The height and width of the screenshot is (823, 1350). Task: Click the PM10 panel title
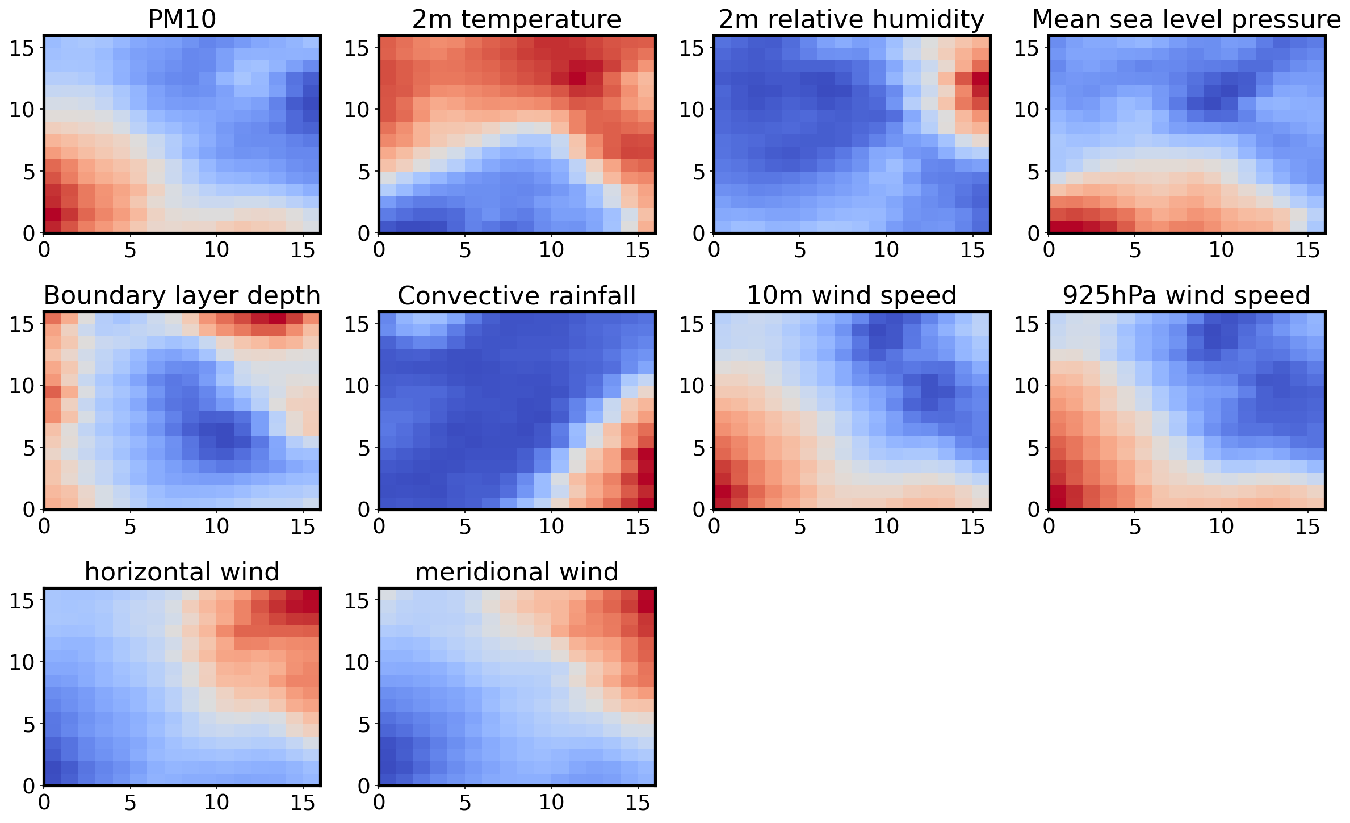point(182,19)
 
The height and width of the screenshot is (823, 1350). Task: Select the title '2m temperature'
point(517,19)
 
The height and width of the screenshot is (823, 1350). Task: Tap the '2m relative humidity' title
point(851,19)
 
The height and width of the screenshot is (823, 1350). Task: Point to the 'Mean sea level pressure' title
point(1186,19)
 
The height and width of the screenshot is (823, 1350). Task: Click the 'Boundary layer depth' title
point(182,295)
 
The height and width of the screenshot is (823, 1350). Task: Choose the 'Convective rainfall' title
point(517,295)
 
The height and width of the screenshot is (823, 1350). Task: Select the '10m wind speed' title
point(851,295)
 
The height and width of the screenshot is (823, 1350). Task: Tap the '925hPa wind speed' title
point(1186,295)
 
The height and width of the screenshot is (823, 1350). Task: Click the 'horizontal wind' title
point(182,571)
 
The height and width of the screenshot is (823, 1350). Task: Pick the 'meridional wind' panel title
point(517,571)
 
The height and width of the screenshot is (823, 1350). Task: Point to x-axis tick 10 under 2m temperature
point(551,250)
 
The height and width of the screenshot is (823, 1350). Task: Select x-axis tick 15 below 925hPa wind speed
point(1307,527)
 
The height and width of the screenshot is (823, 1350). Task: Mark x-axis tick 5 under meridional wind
point(466,802)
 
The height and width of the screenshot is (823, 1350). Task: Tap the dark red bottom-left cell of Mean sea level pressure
point(1058,227)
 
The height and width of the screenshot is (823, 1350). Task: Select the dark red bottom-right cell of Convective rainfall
point(647,503)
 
